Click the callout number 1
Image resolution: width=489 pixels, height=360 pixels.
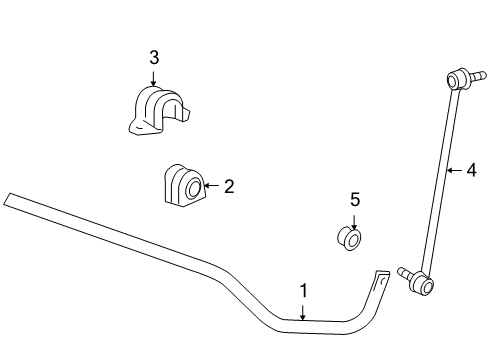304,291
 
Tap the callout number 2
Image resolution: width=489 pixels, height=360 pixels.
228,185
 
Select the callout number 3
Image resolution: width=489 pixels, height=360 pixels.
154,58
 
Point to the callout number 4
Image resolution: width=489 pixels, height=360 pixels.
471,170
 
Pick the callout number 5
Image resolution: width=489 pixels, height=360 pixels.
355,200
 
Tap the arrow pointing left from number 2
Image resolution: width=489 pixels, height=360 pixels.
210,185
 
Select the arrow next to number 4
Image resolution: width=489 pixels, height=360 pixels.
453,170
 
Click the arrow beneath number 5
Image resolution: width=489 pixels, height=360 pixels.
355,222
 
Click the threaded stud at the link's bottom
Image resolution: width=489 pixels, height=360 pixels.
404,273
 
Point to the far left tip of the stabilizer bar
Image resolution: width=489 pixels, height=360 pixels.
7,199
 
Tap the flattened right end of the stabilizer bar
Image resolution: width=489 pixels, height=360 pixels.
381,277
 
